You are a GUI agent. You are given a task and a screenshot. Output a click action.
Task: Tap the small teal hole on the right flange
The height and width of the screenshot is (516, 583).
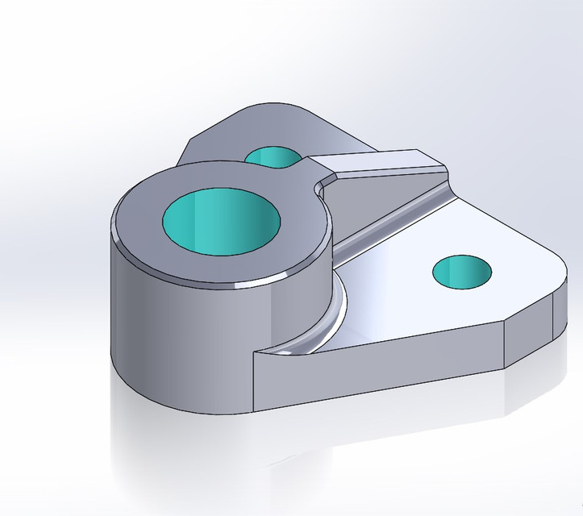tap(462, 272)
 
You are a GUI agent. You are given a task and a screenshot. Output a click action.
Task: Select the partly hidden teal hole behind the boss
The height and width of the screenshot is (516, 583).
tap(271, 156)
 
